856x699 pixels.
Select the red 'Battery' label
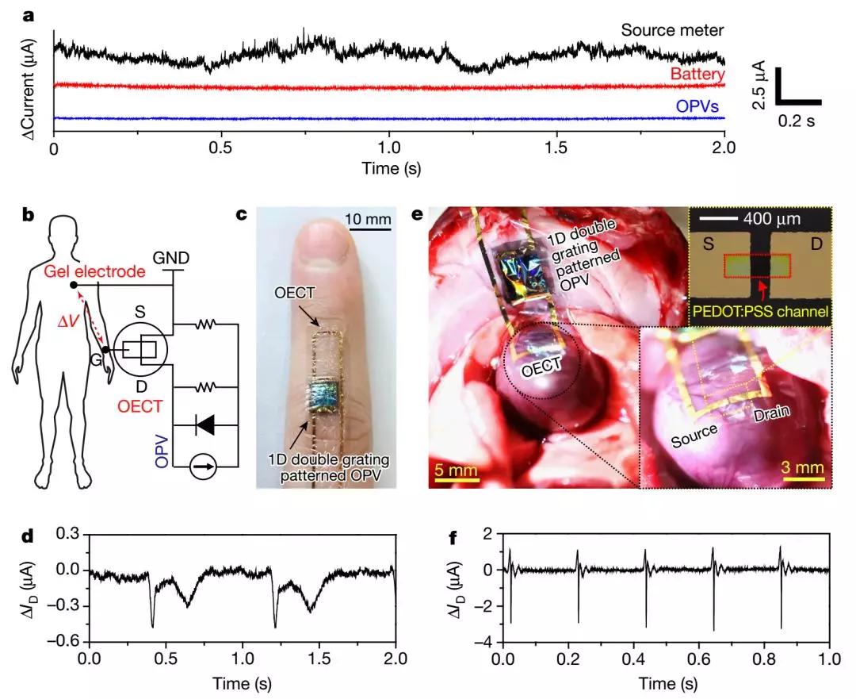697,74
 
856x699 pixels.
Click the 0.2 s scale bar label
796,121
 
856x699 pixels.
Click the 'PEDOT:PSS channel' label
759,313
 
